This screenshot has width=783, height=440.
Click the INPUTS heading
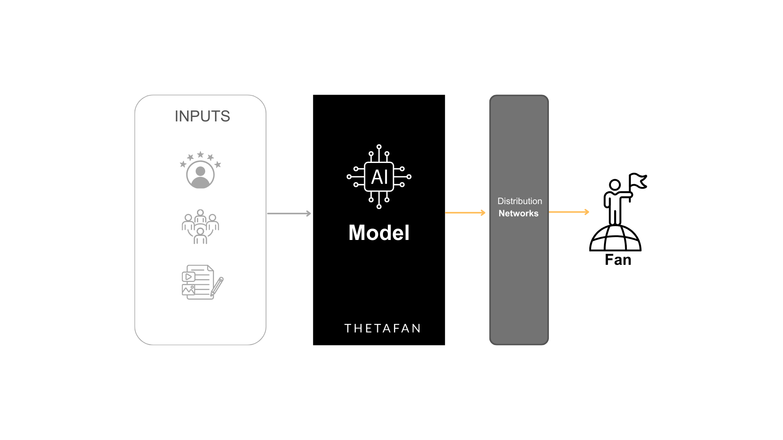tap(202, 117)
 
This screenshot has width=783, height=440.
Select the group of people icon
tap(200, 227)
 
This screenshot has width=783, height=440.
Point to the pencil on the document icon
tap(217, 286)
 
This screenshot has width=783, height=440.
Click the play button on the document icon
tap(188, 277)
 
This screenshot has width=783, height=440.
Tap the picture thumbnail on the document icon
tap(188, 290)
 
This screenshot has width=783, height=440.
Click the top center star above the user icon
tap(200, 154)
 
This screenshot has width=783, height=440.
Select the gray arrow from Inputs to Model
tap(289, 213)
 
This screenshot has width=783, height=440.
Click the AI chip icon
tap(379, 177)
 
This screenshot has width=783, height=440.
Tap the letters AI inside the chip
tap(379, 177)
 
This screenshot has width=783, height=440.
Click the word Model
tap(379, 233)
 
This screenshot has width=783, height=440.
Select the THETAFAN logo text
tap(382, 328)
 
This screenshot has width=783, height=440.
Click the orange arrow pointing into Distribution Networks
tap(465, 213)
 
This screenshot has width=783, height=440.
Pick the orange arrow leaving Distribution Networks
tap(569, 212)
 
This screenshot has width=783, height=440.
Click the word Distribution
tap(520, 201)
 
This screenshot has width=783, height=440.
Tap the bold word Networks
tap(518, 213)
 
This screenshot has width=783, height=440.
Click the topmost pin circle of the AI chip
tap(379, 147)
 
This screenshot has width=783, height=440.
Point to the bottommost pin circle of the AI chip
tap(379, 207)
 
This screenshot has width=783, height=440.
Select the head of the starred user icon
tap(200, 171)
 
